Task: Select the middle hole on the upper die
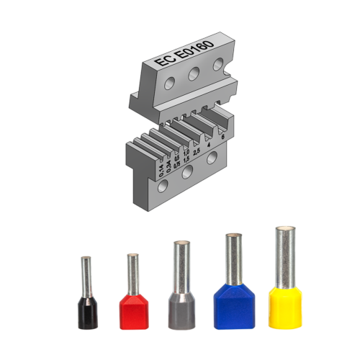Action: click(x=194, y=74)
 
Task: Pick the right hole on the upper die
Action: click(x=217, y=65)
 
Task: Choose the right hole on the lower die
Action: click(x=212, y=159)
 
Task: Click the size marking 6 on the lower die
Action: click(x=223, y=136)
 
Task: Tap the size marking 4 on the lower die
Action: click(x=209, y=143)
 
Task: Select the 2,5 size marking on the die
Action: click(x=196, y=150)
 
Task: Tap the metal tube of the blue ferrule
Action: click(x=230, y=258)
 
